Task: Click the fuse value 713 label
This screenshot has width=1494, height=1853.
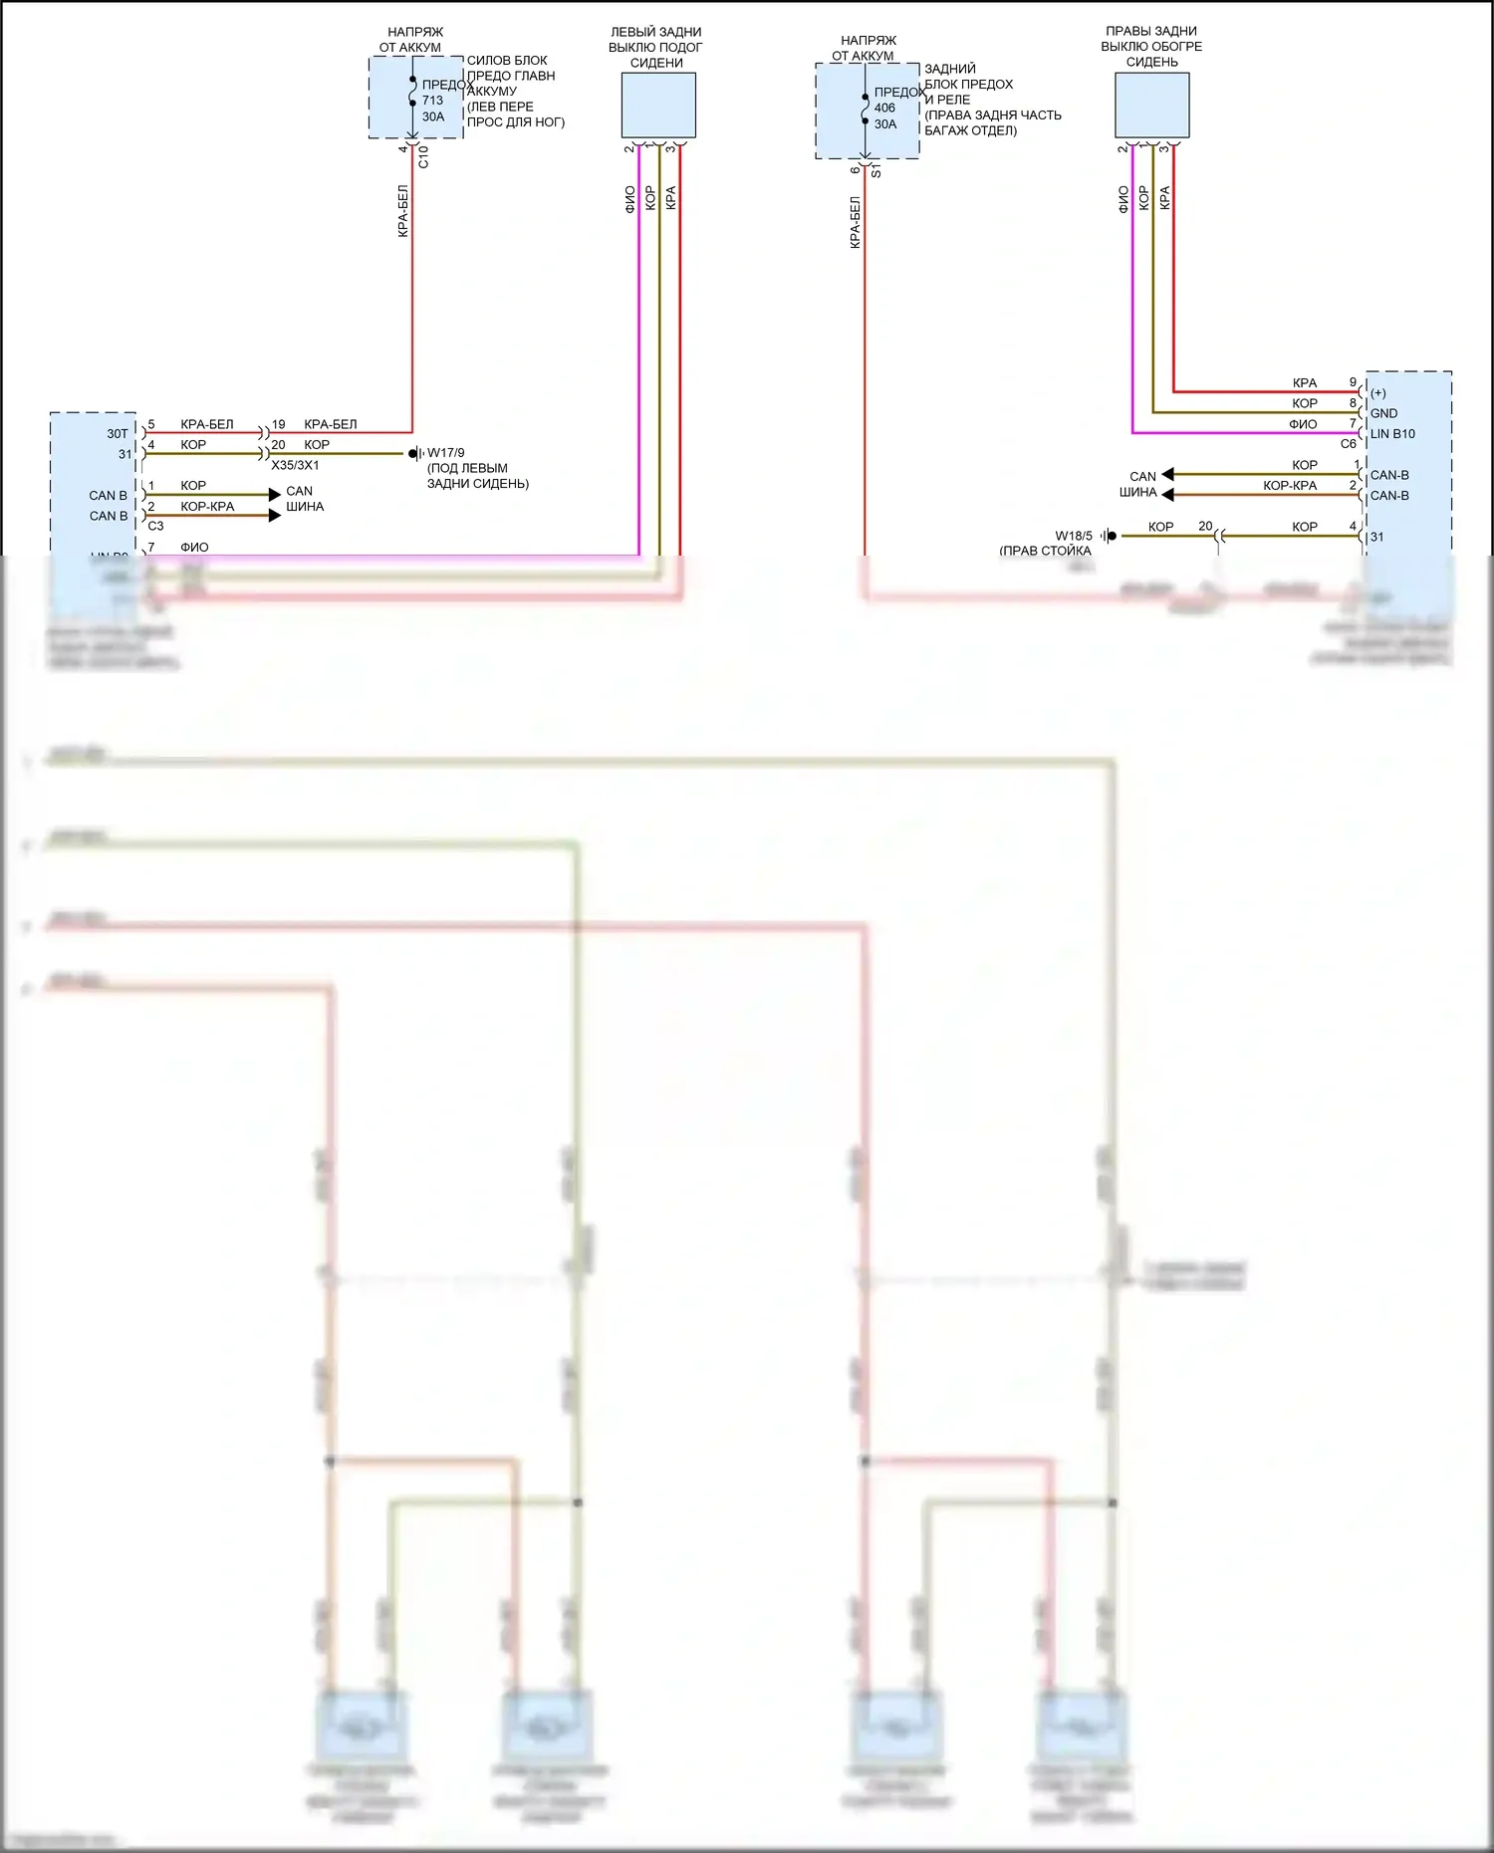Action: click(432, 101)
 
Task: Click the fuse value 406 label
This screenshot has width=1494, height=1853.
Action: click(884, 109)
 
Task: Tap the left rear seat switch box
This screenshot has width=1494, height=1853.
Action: click(658, 105)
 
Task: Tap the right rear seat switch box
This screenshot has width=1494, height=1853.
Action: click(1151, 105)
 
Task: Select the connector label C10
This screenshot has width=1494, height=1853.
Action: click(423, 156)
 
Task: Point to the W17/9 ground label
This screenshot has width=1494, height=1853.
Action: click(445, 453)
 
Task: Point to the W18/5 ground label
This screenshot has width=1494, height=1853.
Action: click(1074, 536)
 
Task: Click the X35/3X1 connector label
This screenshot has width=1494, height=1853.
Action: click(295, 465)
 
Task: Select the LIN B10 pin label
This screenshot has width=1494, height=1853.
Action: click(1392, 434)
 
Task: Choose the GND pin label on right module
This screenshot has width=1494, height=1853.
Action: click(1383, 413)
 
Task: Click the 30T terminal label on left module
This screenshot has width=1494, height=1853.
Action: click(118, 434)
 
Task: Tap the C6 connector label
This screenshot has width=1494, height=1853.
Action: click(1348, 444)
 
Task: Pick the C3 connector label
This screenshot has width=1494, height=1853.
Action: click(155, 526)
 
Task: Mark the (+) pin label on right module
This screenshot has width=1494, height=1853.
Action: click(1378, 393)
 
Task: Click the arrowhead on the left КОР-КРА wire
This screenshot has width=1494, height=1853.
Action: click(275, 516)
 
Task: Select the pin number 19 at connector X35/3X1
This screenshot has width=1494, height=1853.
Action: click(279, 424)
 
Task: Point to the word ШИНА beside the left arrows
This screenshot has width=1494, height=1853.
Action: click(305, 507)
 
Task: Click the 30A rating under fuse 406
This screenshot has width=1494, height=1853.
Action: click(885, 124)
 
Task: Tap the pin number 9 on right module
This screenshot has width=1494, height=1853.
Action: click(1353, 382)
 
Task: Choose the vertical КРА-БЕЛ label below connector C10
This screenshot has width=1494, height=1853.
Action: click(403, 211)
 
